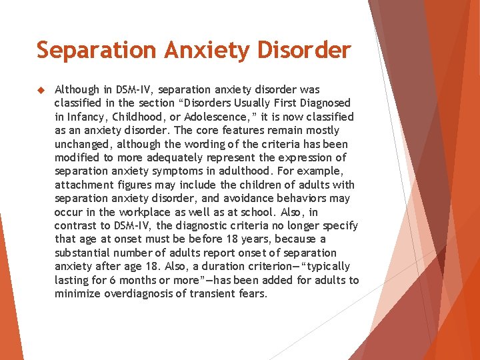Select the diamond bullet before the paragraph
40,89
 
